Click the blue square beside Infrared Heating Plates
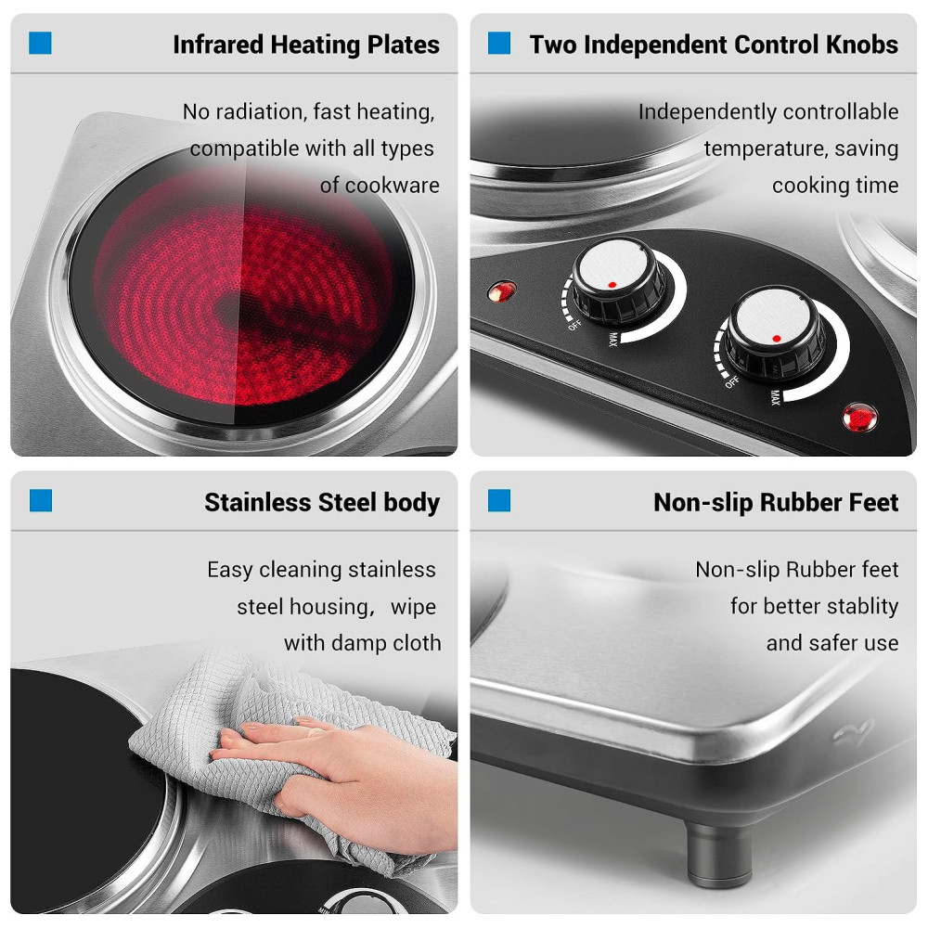pyautogui.click(x=40, y=44)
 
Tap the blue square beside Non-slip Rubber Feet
pyautogui.click(x=499, y=500)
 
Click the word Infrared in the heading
pyautogui.click(x=218, y=45)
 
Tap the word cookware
pyautogui.click(x=392, y=186)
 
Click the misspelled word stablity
pyautogui.click(x=862, y=607)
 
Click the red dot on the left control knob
pyautogui.click(x=612, y=285)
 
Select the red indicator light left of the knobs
pyautogui.click(x=501, y=291)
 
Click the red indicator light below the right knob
pyautogui.click(x=860, y=418)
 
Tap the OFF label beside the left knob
pyautogui.click(x=574, y=325)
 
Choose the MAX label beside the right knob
pyautogui.click(x=775, y=397)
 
